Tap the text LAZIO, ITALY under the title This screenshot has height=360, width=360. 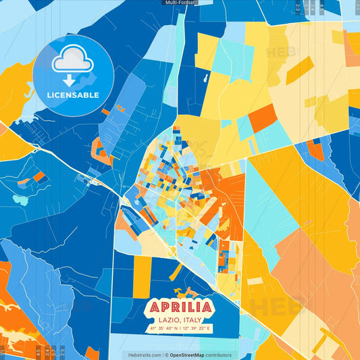coord(179,320)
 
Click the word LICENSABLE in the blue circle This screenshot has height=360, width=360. coord(73,95)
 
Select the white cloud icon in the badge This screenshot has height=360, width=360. coord(73,60)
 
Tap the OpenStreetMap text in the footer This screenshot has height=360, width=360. coord(191,355)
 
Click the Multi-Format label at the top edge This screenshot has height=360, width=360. coord(180,3)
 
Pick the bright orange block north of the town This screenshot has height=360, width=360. coord(261,118)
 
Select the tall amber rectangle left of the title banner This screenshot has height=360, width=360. coord(143,277)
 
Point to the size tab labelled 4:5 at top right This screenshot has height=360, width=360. coord(323,8)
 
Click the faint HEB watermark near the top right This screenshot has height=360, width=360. coord(284,53)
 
